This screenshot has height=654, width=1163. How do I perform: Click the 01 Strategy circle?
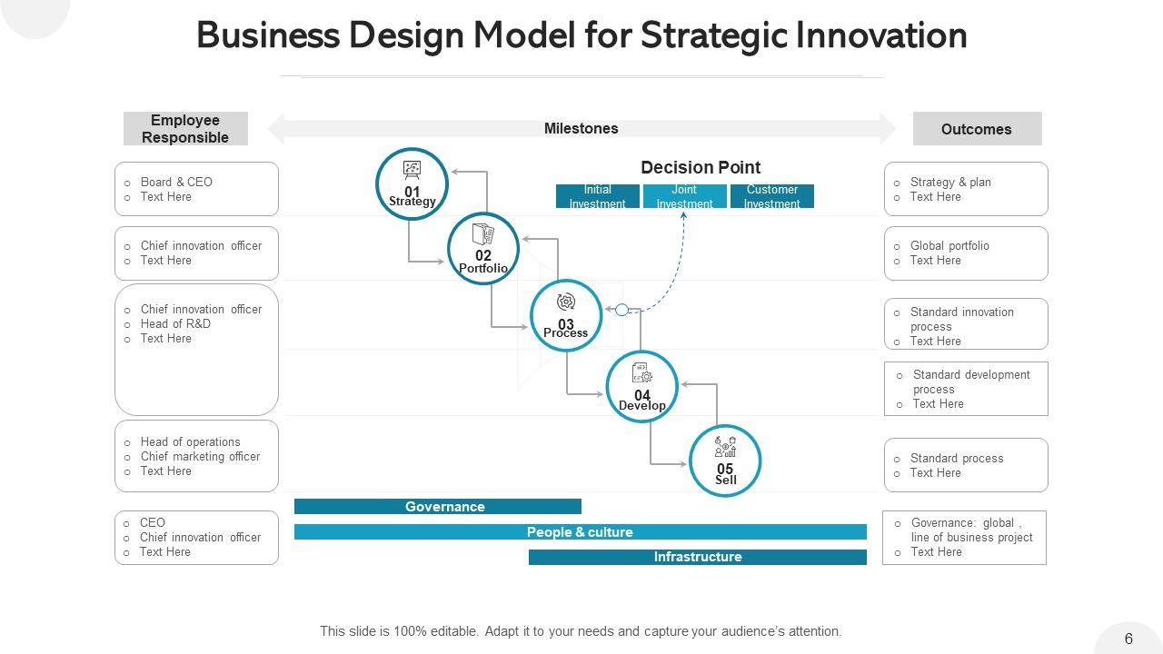tap(413, 184)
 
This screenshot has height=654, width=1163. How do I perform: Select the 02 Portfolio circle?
tap(483, 248)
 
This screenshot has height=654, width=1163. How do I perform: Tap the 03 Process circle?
tap(566, 315)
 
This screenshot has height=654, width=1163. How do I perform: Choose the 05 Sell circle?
tap(725, 461)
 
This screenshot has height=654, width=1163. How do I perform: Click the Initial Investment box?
tap(598, 196)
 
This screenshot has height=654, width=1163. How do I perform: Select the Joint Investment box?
tap(684, 196)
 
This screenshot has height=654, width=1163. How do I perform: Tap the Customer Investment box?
tap(771, 196)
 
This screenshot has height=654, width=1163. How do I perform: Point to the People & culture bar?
tap(580, 532)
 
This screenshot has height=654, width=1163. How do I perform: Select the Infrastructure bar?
tap(697, 557)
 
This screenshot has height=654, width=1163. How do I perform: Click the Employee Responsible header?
tap(185, 129)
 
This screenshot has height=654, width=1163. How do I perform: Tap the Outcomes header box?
tap(977, 129)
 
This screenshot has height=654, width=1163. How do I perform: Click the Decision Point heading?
tap(701, 167)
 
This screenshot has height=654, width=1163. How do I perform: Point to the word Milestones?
tap(581, 128)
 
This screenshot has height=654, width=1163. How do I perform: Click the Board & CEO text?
tap(176, 182)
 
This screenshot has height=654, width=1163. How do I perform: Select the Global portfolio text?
tap(949, 245)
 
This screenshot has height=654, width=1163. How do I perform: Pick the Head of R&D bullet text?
tap(175, 323)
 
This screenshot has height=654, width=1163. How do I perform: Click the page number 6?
tap(1128, 639)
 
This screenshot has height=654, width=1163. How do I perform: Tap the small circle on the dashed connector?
tap(621, 310)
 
